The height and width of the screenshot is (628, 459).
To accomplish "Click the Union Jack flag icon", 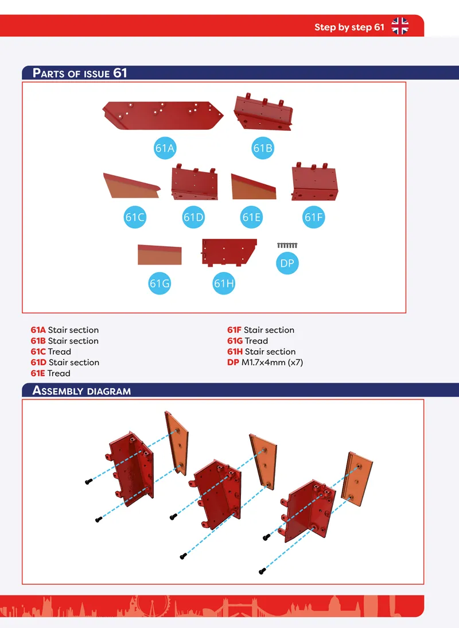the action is [x=400, y=26].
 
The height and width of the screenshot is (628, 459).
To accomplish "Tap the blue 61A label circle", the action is [x=165, y=148].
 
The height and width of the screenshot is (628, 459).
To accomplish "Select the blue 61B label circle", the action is [x=263, y=148].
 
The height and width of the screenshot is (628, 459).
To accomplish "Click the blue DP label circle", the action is [x=287, y=263].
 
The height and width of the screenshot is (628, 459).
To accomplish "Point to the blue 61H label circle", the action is [x=224, y=283].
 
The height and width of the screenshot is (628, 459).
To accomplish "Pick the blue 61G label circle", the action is [x=160, y=283].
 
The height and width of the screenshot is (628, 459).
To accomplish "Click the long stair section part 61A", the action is [x=163, y=115].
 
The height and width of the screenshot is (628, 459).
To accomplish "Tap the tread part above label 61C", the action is [x=131, y=185].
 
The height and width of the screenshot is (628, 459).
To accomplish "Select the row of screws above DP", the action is [x=287, y=245].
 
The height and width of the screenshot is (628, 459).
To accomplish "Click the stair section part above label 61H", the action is [x=229, y=253].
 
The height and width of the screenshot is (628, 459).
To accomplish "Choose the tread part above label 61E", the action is [x=253, y=187].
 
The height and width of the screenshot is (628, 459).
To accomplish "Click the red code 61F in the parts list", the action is [x=234, y=330].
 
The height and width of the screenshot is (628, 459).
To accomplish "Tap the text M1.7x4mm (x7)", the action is [x=272, y=362].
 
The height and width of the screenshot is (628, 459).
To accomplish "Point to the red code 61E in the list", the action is [x=38, y=373].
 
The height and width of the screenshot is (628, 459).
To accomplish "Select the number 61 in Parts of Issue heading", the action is [x=120, y=73].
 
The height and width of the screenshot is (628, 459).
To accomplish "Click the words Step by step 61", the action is [x=349, y=27].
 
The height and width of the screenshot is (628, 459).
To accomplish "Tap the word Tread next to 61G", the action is [x=256, y=341].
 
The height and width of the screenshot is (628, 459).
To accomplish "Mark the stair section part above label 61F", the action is [x=314, y=182].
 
